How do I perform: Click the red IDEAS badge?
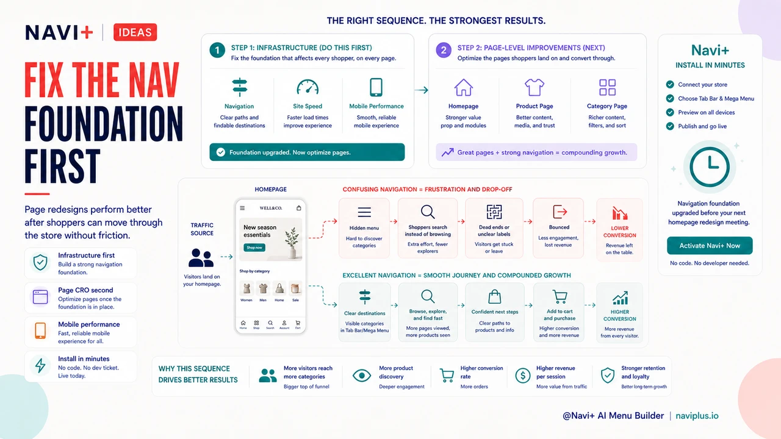pyautogui.click(x=135, y=32)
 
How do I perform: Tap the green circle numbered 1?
pyautogui.click(x=217, y=50)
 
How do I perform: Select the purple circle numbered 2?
pyautogui.click(x=444, y=50)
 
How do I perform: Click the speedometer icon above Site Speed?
pyautogui.click(x=308, y=87)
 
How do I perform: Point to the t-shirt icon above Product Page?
pyautogui.click(x=534, y=87)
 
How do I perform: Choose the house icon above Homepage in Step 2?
pyautogui.click(x=463, y=87)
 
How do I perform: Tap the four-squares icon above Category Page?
pyautogui.click(x=607, y=87)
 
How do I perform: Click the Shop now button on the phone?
pyautogui.click(x=254, y=248)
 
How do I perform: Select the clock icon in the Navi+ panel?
pyautogui.click(x=709, y=167)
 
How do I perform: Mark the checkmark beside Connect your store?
pyautogui.click(x=670, y=84)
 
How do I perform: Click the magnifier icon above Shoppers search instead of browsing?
pyautogui.click(x=428, y=212)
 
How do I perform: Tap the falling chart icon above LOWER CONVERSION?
pyautogui.click(x=619, y=213)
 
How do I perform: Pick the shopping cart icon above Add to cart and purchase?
pyautogui.click(x=560, y=297)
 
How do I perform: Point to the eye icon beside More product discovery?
pyautogui.click(x=362, y=376)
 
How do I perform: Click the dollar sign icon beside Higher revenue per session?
pyautogui.click(x=523, y=376)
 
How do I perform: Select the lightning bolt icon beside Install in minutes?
pyautogui.click(x=40, y=365)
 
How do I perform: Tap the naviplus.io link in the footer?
pyautogui.click(x=697, y=416)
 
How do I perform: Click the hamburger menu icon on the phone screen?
pyautogui.click(x=242, y=208)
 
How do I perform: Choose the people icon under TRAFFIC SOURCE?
pyautogui.click(x=201, y=258)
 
